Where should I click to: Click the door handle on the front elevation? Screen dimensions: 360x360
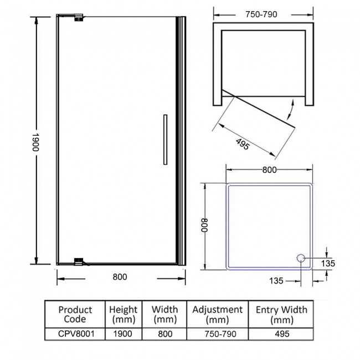tap(164, 140)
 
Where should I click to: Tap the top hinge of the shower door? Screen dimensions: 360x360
tap(79, 18)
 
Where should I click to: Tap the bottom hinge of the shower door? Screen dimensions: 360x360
tap(79, 261)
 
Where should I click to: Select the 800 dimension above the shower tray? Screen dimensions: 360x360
tap(269, 171)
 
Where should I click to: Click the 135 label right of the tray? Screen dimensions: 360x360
tap(328, 264)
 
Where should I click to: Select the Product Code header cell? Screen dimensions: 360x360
tap(75, 314)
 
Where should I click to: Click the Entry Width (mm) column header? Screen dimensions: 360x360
tap(281, 314)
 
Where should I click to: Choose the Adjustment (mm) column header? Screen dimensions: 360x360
tap(217, 314)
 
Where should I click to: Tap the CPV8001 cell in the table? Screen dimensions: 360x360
tap(75, 334)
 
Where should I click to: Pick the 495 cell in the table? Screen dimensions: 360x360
tap(281, 334)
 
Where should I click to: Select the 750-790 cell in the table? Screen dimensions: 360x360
tap(217, 334)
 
